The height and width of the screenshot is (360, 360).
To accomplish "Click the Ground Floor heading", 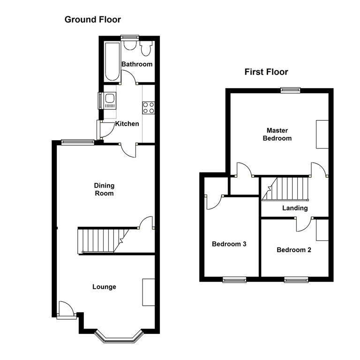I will coord(92,19).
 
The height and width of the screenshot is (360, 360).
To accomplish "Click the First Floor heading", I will coord(266,72).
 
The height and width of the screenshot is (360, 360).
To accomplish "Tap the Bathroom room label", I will coord(137,64).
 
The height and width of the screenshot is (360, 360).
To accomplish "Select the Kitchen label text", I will coord(127,124).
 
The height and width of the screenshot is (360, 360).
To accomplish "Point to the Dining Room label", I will coord(104,189).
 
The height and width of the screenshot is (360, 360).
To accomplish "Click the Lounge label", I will coord(104,287).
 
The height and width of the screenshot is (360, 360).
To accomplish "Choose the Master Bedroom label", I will coord(277,134).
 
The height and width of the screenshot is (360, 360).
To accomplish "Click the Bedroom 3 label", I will coord(229,244).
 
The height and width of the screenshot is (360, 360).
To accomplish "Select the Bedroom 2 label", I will coord(294,250).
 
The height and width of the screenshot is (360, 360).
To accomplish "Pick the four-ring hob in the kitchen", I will coord(149,107).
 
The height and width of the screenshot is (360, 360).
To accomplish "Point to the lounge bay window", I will coord(118,336).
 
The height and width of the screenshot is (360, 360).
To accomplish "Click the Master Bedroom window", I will coord(291,90).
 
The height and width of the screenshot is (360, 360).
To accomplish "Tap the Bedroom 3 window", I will coord(234,280).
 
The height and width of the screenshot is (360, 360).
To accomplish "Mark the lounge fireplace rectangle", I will coord(149,292).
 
